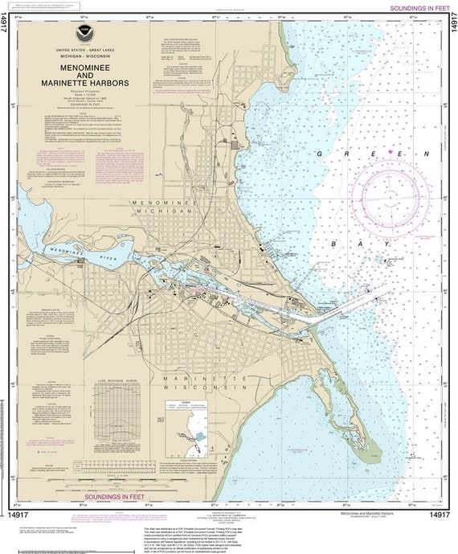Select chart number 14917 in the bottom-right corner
438,514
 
